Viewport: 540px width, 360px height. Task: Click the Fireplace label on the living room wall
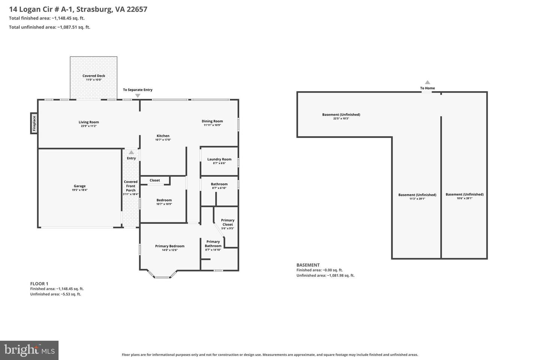[x=34, y=123]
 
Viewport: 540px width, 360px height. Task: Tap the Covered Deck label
[x=94, y=76]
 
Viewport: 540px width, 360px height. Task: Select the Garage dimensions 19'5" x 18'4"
[x=79, y=190]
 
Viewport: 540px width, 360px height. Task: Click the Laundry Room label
[x=219, y=159]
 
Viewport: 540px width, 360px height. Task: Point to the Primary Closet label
[x=228, y=222]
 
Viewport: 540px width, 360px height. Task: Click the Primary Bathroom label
[x=213, y=244]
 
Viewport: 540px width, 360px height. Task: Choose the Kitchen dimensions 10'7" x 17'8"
[x=163, y=140]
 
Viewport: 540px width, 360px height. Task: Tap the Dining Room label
[x=212, y=121]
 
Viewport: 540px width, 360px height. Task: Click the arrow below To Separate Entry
[x=138, y=96]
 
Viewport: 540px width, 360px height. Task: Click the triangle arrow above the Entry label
[x=131, y=152]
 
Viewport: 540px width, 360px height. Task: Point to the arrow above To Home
[x=427, y=82]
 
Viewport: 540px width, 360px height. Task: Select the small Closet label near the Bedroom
[x=155, y=180]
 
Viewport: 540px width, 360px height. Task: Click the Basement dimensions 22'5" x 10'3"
[x=341, y=118]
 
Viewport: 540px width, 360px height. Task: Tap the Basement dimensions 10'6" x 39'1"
[x=465, y=198]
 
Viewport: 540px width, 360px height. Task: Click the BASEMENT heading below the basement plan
[x=308, y=265]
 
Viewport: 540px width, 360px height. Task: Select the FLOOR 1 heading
[x=39, y=284]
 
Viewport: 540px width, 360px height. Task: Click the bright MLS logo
[x=29, y=350]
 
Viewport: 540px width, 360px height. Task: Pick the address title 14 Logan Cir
[x=78, y=9]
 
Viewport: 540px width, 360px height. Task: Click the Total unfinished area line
[x=49, y=27]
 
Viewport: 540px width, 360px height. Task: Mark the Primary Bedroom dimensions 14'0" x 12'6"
[x=170, y=250]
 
